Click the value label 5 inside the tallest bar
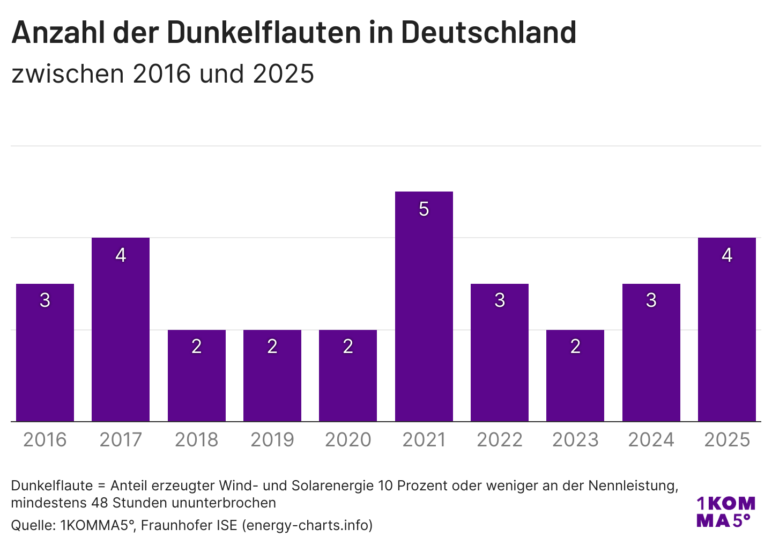424,209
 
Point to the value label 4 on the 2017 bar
121,255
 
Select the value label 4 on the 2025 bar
727,255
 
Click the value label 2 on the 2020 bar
348,347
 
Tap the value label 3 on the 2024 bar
651,300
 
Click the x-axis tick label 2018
197,440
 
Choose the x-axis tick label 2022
500,440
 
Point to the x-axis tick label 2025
727,440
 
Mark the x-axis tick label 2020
348,440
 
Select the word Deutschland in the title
488,32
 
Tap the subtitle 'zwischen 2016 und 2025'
162,74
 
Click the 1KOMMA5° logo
725,512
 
